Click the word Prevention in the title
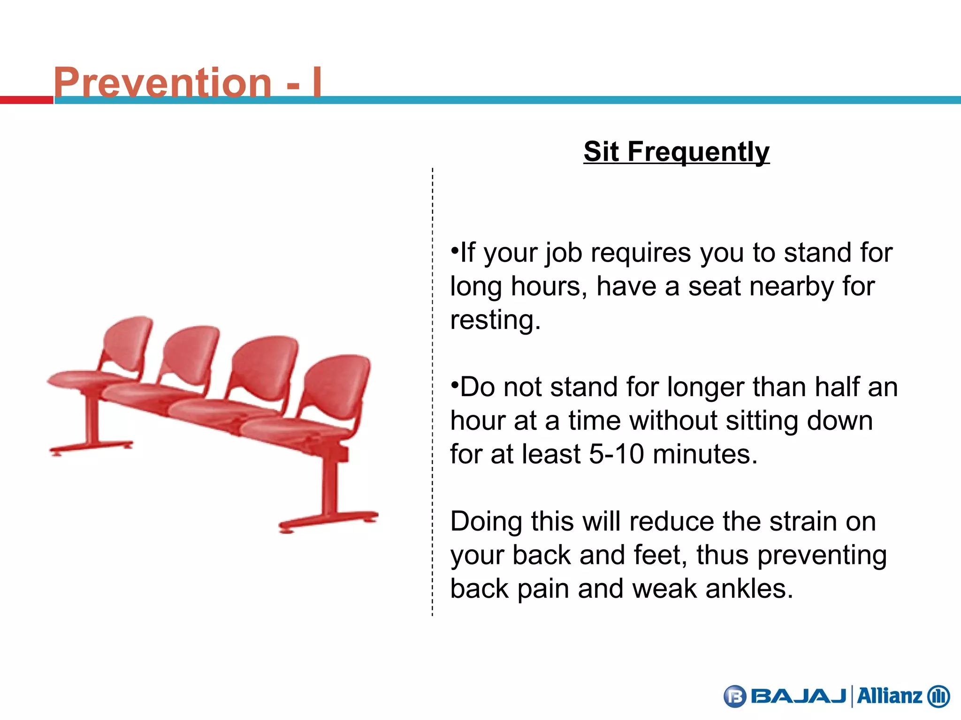pyautogui.click(x=162, y=82)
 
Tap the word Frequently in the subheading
pyautogui.click(x=698, y=152)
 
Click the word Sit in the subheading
pyautogui.click(x=601, y=152)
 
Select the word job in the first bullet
pyautogui.click(x=564, y=253)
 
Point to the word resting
pyautogui.click(x=495, y=320)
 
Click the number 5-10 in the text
pyautogui.click(x=616, y=454)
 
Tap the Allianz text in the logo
pyautogui.click(x=889, y=696)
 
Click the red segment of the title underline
pyautogui.click(x=26, y=100)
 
